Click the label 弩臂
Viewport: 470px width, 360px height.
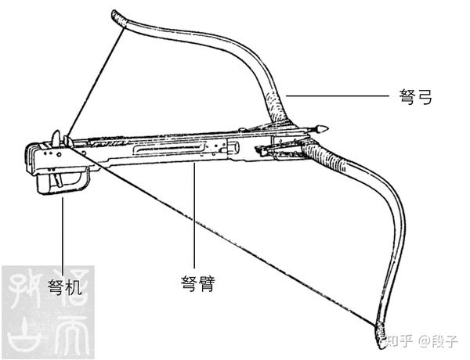197,282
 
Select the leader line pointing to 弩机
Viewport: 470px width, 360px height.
61,235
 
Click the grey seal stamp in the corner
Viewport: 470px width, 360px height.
47,313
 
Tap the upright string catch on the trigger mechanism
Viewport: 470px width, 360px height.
56,140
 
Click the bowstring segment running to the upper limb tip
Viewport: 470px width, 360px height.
94,78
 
